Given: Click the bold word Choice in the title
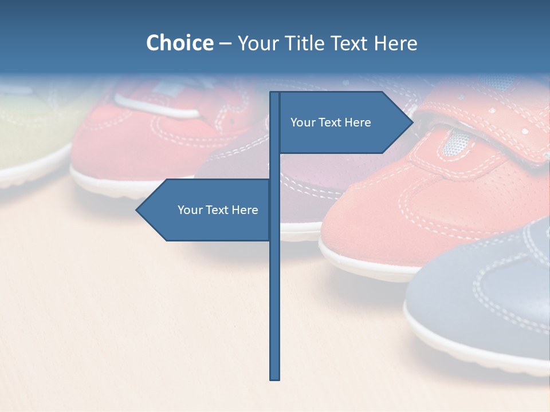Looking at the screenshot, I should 179,43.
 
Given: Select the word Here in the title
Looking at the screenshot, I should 395,43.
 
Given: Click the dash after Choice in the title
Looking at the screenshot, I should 225,43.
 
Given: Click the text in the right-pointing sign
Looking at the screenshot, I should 331,122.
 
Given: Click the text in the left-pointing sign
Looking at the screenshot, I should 218,210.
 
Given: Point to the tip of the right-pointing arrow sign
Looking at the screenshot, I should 412,122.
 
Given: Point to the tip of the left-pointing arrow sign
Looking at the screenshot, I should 137,210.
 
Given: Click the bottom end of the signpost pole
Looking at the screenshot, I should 275,378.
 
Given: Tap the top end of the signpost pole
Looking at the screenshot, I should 275,93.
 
